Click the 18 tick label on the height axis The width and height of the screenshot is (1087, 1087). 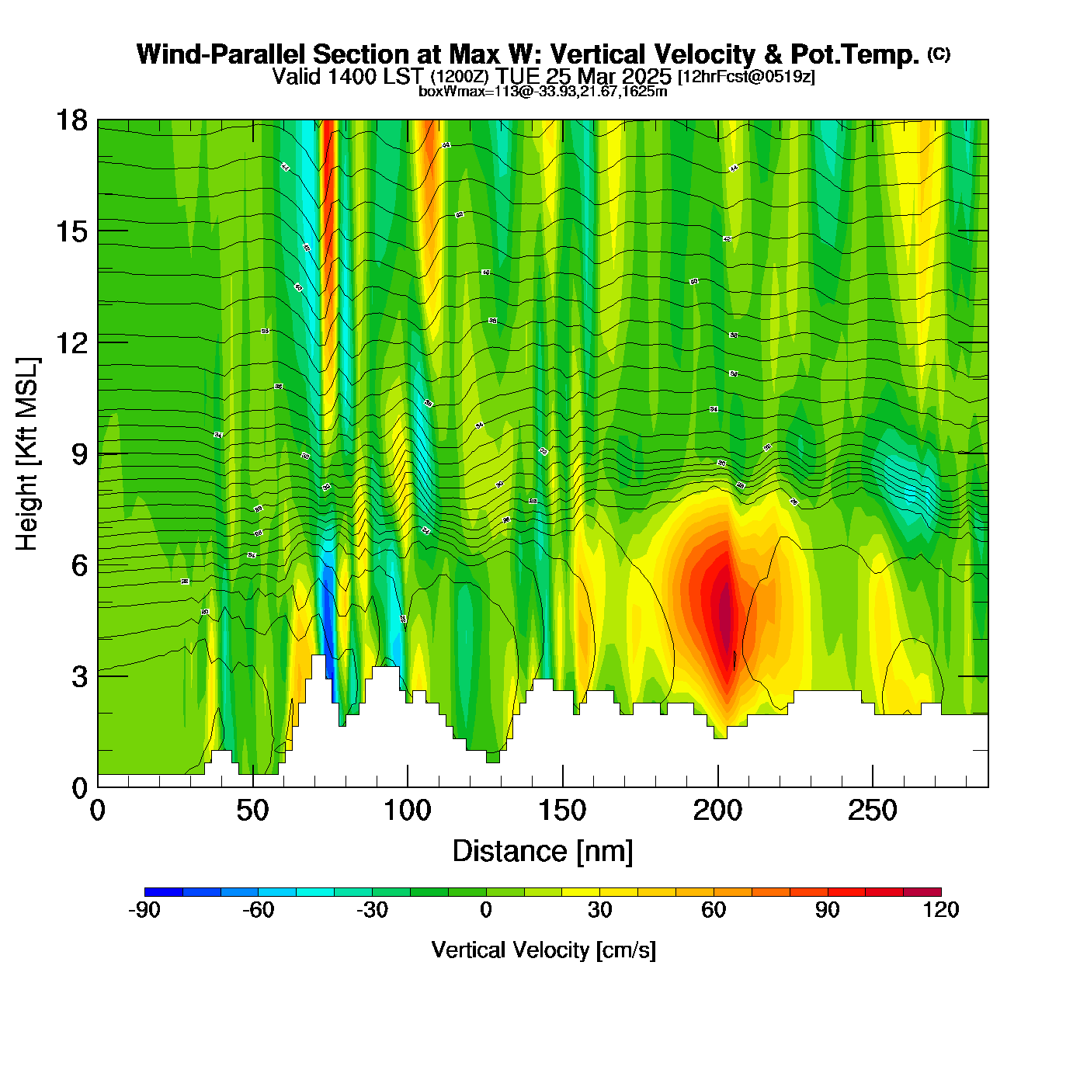click(71, 120)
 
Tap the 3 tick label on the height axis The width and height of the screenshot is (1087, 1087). click(79, 676)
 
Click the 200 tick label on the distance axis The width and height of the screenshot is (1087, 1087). click(717, 811)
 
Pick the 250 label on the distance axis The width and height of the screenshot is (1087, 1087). click(873, 811)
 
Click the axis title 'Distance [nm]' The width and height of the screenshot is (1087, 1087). click(543, 852)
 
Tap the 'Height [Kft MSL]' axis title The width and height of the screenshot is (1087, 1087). click(27, 454)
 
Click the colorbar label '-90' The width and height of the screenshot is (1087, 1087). click(144, 910)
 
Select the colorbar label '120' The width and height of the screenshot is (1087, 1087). click(941, 910)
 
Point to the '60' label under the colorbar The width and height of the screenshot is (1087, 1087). click(714, 910)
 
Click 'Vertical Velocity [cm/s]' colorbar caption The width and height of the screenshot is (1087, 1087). click(543, 950)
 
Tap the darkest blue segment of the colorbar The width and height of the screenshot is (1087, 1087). click(164, 892)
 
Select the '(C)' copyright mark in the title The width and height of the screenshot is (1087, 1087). click(939, 54)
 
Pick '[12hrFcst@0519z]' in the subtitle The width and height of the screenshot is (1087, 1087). click(746, 77)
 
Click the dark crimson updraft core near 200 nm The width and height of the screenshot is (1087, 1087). click(725, 613)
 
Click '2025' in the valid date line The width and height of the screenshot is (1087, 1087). click(647, 77)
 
